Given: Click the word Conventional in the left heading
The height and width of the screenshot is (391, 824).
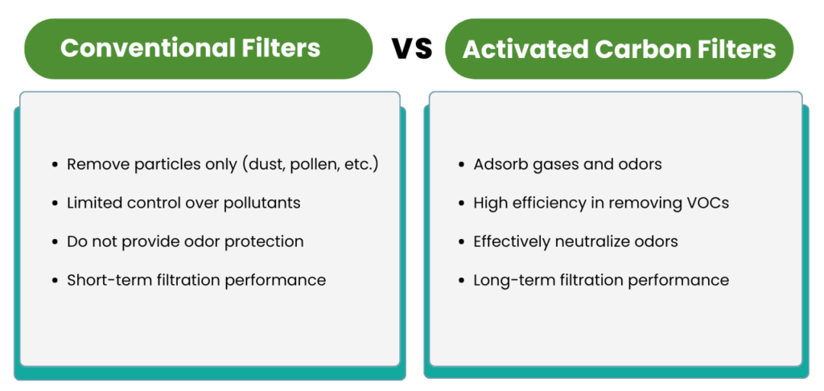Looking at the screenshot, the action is [x=148, y=47].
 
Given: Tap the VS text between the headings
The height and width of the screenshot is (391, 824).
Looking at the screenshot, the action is [x=412, y=48].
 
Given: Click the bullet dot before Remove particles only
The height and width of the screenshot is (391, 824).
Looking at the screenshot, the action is [x=56, y=165].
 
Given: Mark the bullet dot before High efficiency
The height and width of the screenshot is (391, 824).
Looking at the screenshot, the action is [x=462, y=204].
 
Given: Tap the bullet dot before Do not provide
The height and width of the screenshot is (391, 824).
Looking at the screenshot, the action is [x=56, y=241].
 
